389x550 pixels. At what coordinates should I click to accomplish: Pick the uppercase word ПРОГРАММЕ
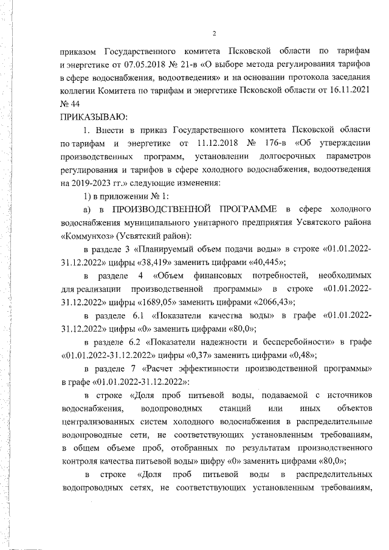(247, 210)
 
